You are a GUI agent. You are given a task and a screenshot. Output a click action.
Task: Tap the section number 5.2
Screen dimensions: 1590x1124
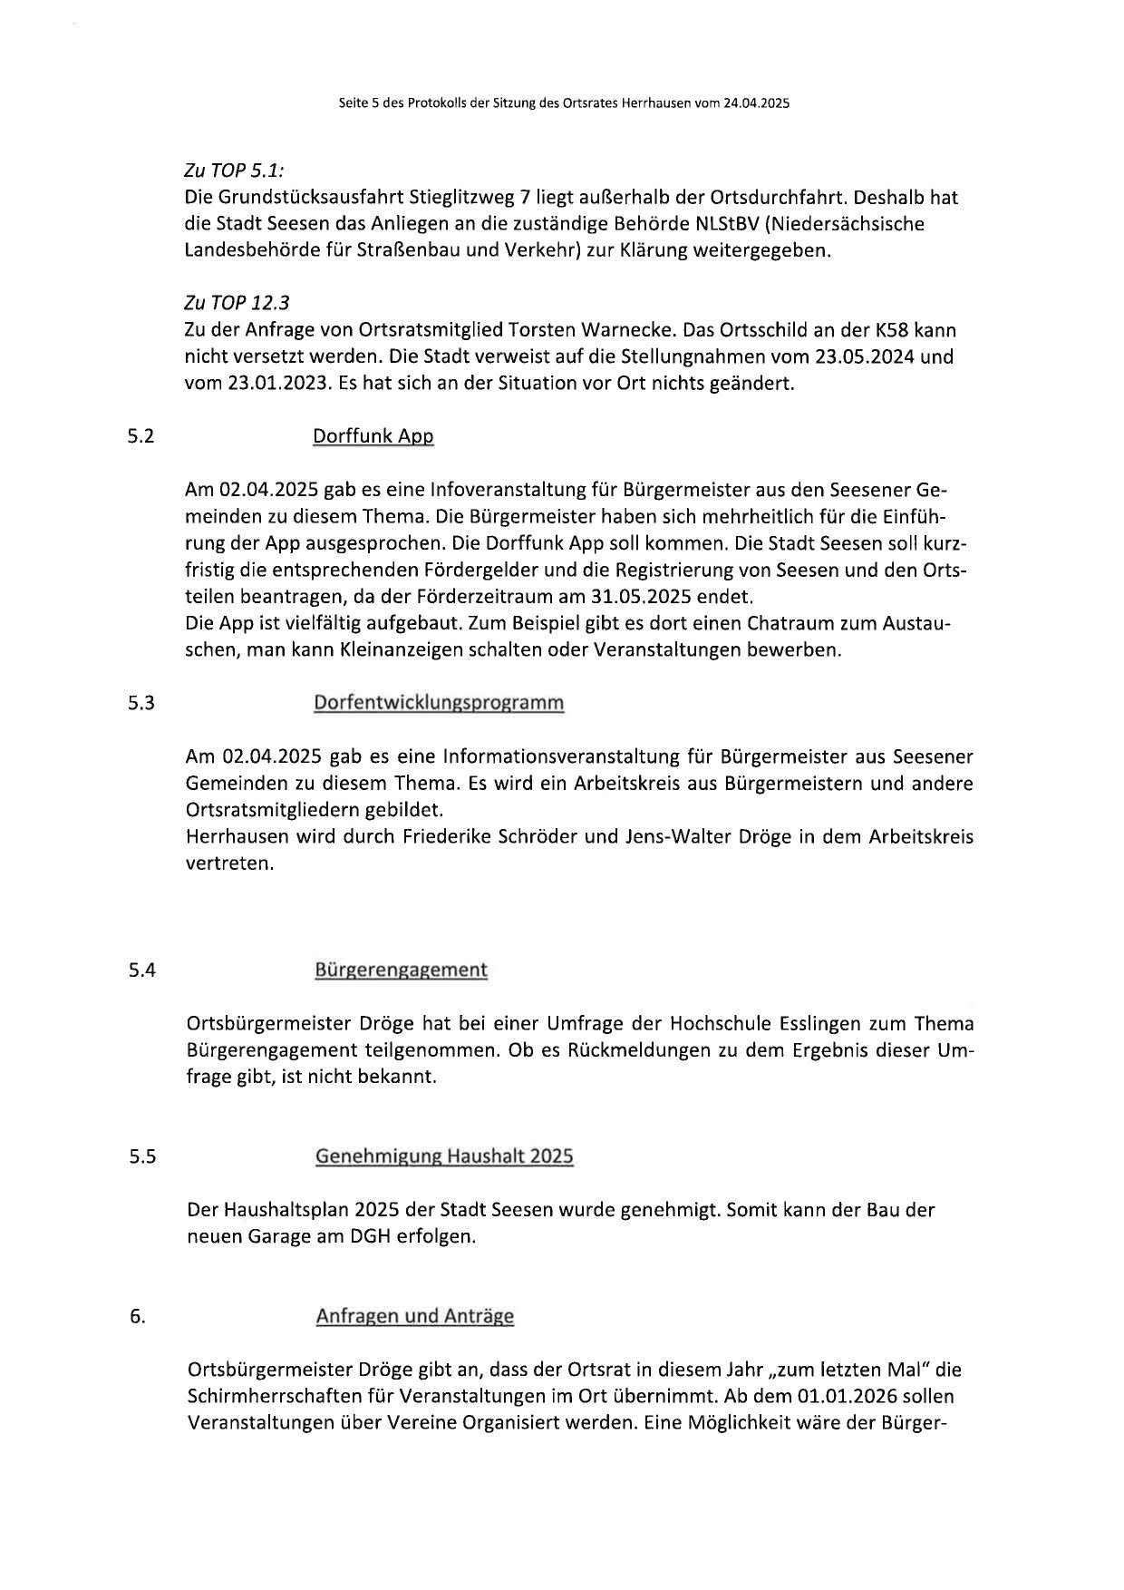click(x=140, y=436)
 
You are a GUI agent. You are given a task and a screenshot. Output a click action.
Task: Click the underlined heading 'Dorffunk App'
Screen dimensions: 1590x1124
click(x=373, y=436)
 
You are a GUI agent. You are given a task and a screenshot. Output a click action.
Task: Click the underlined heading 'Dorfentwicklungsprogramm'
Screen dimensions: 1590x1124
click(x=439, y=703)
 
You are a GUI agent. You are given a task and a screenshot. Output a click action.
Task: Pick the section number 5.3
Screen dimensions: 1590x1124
click(x=140, y=703)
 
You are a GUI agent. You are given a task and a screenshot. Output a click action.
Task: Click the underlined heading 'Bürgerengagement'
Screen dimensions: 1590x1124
click(x=401, y=970)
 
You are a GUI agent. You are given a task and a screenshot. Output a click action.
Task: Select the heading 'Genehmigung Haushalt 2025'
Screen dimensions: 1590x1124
click(x=444, y=1156)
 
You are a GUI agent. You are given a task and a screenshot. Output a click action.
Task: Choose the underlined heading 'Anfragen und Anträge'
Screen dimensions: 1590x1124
click(x=414, y=1316)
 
